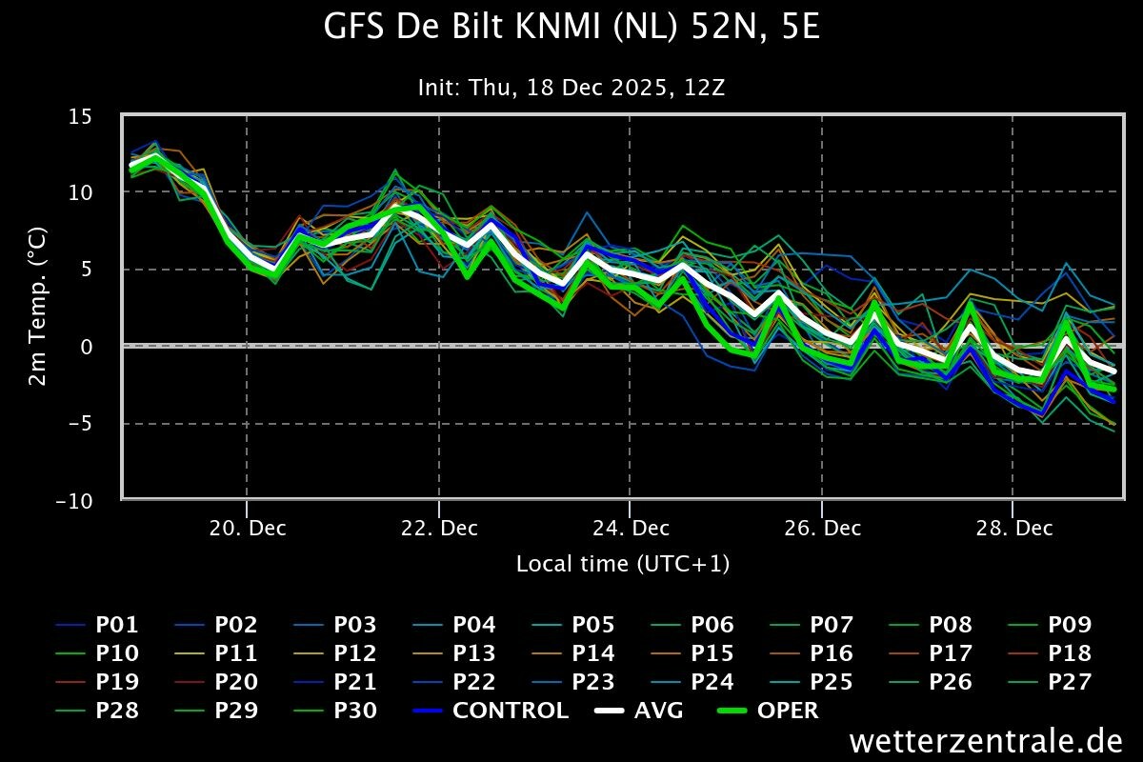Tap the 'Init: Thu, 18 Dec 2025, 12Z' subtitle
[x=571, y=88]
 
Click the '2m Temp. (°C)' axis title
[x=38, y=307]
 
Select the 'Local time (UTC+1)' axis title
[x=623, y=564]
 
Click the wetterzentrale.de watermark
[x=986, y=740]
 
